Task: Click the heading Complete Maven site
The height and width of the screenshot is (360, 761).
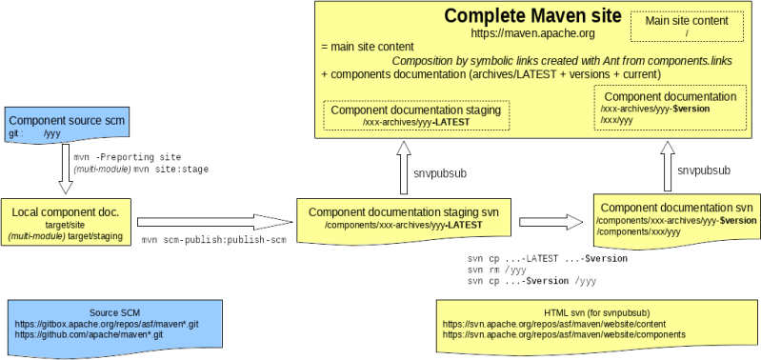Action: point(532,17)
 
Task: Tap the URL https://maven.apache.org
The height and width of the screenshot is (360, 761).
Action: point(532,33)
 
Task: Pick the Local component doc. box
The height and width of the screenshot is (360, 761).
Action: point(68,222)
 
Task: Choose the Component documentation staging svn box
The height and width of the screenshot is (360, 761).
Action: point(404,218)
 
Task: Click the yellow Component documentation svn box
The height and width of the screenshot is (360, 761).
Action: point(675,217)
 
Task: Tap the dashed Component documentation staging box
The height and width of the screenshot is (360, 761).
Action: point(415,115)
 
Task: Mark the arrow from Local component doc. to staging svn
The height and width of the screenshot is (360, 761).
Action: point(213,222)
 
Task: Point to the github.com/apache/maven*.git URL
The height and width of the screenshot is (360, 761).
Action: point(89,336)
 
